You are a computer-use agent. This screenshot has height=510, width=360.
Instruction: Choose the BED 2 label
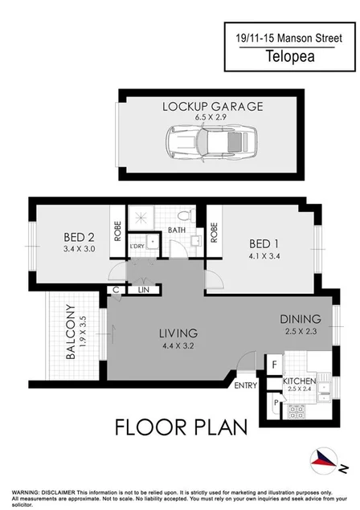click(x=80, y=237)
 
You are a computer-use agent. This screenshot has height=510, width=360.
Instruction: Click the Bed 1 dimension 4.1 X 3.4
click(x=265, y=257)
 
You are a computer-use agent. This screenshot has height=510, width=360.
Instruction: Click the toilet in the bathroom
click(x=185, y=217)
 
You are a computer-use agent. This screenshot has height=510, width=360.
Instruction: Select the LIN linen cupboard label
click(x=144, y=290)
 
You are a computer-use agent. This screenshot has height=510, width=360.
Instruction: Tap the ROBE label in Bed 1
click(x=214, y=232)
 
